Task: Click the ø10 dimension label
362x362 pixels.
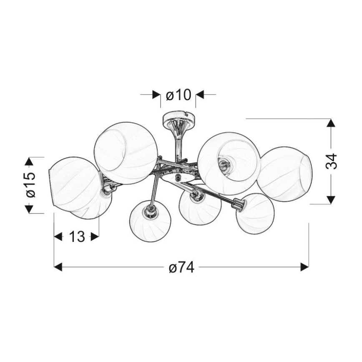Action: click(x=178, y=95)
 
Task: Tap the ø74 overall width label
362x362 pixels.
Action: click(x=181, y=267)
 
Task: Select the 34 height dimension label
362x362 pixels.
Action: click(x=331, y=161)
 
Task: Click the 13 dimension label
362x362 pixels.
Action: click(x=77, y=236)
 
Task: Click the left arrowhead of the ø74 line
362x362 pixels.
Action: click(x=58, y=267)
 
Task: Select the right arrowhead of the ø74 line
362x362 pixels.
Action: click(x=304, y=267)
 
